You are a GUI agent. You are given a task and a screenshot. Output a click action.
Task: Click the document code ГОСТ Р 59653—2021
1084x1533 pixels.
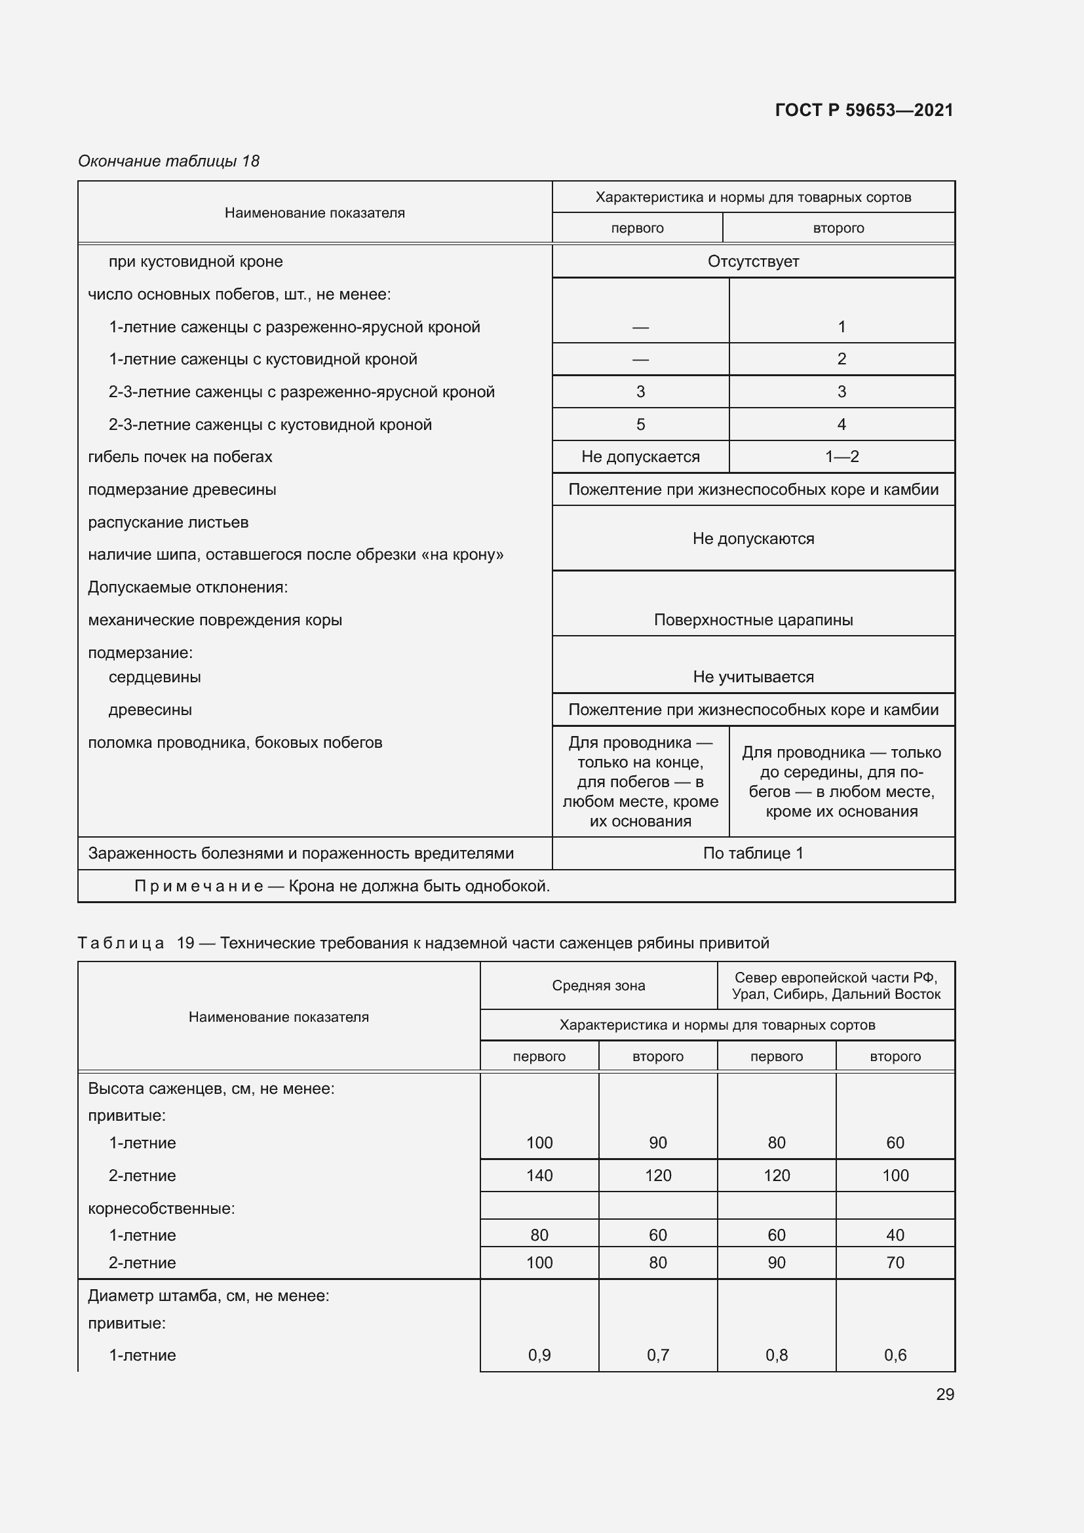pyautogui.click(x=864, y=110)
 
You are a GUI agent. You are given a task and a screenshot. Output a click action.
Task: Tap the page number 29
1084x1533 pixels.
pyautogui.click(x=944, y=1394)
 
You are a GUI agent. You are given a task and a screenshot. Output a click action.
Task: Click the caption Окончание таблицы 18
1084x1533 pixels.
pyautogui.click(x=168, y=161)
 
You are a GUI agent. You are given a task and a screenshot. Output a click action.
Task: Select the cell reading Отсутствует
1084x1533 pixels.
pyautogui.click(x=753, y=261)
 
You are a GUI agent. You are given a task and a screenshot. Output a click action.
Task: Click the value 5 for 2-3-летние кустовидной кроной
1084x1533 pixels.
pyautogui.click(x=640, y=425)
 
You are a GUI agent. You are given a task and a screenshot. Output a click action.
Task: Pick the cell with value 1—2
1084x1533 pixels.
pyautogui.click(x=841, y=457)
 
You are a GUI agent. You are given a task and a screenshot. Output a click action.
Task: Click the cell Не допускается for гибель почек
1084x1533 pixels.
pyautogui.click(x=640, y=457)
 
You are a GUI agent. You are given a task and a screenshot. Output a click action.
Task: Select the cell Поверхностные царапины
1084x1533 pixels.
pyautogui.click(x=753, y=619)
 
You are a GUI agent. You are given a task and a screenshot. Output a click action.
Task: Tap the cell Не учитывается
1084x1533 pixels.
pyautogui.click(x=753, y=676)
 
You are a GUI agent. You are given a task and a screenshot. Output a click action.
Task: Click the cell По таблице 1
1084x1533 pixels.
pyautogui.click(x=753, y=853)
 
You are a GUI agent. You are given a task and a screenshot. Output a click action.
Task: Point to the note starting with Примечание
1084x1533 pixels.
pyautogui.click(x=341, y=886)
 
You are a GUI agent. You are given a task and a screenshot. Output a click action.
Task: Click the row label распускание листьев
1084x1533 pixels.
pyautogui.click(x=168, y=522)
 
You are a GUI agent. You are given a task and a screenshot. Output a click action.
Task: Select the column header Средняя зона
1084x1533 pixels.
pyautogui.click(x=598, y=986)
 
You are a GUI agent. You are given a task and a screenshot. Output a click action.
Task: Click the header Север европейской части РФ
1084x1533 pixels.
pyautogui.click(x=836, y=986)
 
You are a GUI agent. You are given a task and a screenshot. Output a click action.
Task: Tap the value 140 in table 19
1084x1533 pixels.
pyautogui.click(x=539, y=1175)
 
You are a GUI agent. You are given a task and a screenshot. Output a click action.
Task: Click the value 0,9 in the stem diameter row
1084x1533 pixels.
pyautogui.click(x=539, y=1355)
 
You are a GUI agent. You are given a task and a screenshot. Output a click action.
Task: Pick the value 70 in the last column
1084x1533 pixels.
pyautogui.click(x=895, y=1262)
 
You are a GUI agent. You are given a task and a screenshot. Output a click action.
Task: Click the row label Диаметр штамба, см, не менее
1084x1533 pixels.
pyautogui.click(x=208, y=1295)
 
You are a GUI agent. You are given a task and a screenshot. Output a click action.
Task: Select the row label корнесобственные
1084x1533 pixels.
pyautogui.click(x=161, y=1209)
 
